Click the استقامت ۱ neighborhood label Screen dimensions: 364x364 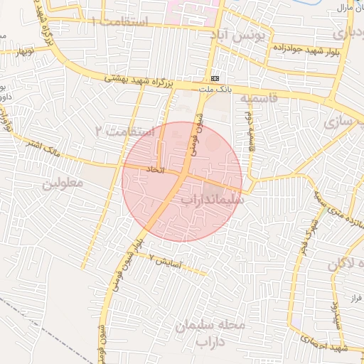pos(129,22)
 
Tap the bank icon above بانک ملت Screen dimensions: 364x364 pos(215,78)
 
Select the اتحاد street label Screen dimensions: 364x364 pos(155,170)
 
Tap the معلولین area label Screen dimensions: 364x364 pos(63,183)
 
